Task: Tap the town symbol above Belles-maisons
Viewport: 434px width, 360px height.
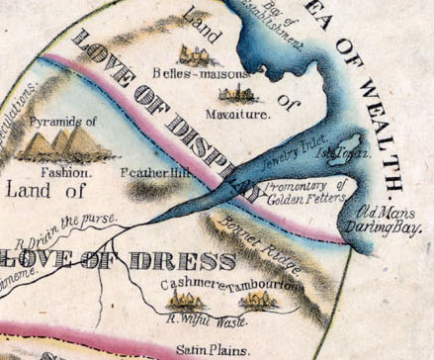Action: pyautogui.click(x=194, y=55)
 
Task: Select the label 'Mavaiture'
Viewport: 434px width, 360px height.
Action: pyautogui.click(x=237, y=115)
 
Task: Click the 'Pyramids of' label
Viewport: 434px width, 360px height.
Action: pyautogui.click(x=63, y=122)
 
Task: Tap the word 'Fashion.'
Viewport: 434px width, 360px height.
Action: pyautogui.click(x=67, y=171)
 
